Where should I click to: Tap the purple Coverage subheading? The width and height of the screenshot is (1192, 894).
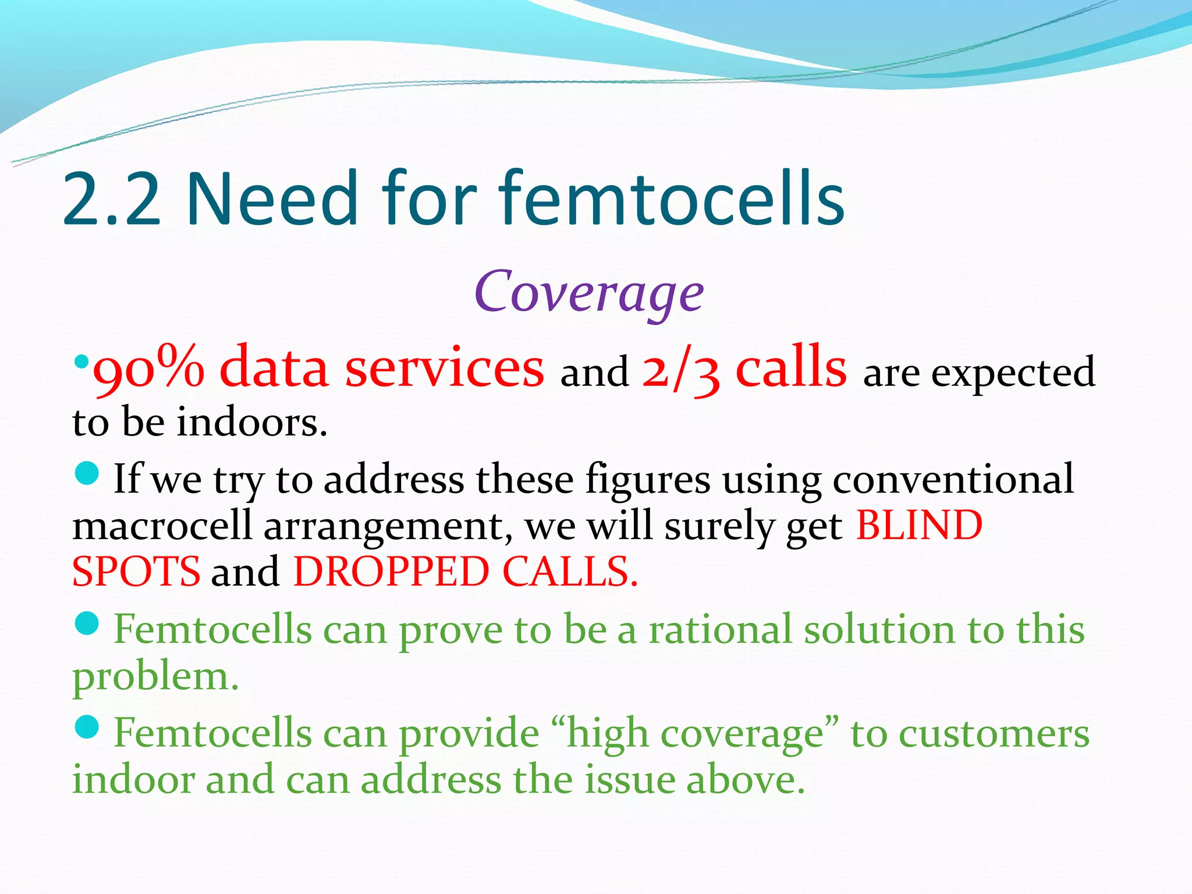(x=589, y=292)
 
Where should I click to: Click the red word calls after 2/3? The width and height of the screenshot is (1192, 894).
(x=792, y=368)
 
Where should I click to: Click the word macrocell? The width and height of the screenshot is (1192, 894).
(x=162, y=526)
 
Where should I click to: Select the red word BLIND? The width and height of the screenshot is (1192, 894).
(x=919, y=526)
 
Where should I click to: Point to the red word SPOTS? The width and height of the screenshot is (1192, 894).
(x=136, y=572)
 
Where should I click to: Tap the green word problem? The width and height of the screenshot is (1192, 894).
(x=155, y=677)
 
